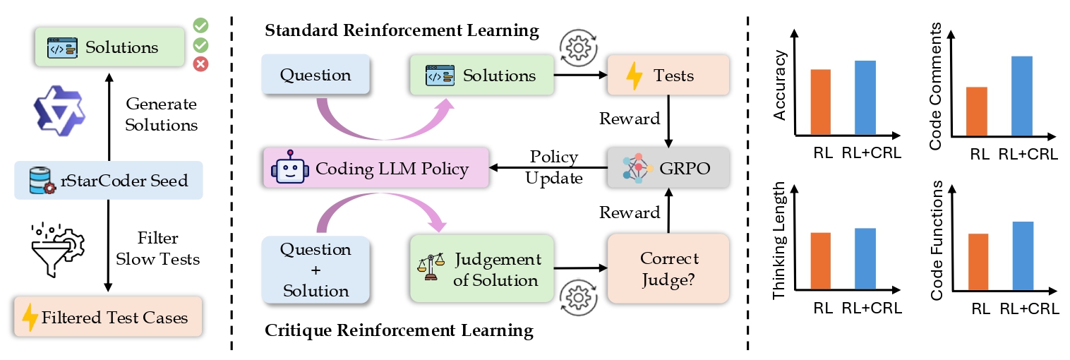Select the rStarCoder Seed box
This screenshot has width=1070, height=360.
tap(109, 181)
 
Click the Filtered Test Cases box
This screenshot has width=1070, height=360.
tap(108, 317)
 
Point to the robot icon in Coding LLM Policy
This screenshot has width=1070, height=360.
tap(289, 167)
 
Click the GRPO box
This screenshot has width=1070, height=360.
tap(668, 167)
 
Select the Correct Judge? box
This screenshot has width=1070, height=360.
tap(668, 269)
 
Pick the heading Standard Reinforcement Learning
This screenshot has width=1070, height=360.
tap(402, 31)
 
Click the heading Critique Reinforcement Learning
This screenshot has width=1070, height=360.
tap(399, 330)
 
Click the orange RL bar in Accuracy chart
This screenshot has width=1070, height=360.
tap(821, 102)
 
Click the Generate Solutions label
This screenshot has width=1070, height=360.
tap(162, 114)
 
